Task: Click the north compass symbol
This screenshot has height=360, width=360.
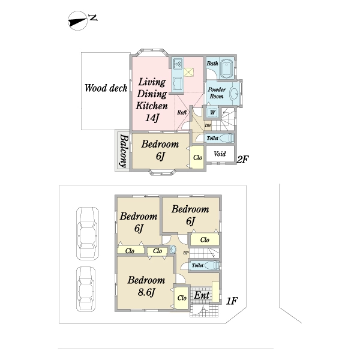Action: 78,20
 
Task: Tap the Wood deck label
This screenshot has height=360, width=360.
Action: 106,88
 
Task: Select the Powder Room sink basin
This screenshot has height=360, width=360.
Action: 235,94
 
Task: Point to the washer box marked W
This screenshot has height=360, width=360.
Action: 212,113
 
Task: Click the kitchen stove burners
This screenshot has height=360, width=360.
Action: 178,64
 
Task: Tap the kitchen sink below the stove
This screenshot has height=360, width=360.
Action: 178,83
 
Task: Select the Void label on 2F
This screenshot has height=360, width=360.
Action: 220,154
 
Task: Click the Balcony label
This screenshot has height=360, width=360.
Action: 124,151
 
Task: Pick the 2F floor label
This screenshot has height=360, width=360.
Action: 243,159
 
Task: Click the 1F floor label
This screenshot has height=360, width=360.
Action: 232,301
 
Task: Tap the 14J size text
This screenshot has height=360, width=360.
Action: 152,118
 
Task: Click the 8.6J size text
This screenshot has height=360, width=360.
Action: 146,292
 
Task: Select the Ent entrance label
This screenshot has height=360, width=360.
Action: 202,295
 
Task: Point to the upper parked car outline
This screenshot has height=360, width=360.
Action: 88,233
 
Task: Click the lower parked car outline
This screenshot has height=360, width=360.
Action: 86,289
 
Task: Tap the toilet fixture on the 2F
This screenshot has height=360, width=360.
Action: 227,138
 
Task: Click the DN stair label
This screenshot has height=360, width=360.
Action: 208,125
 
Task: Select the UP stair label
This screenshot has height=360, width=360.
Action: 186,253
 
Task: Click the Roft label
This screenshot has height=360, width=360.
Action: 182,112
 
